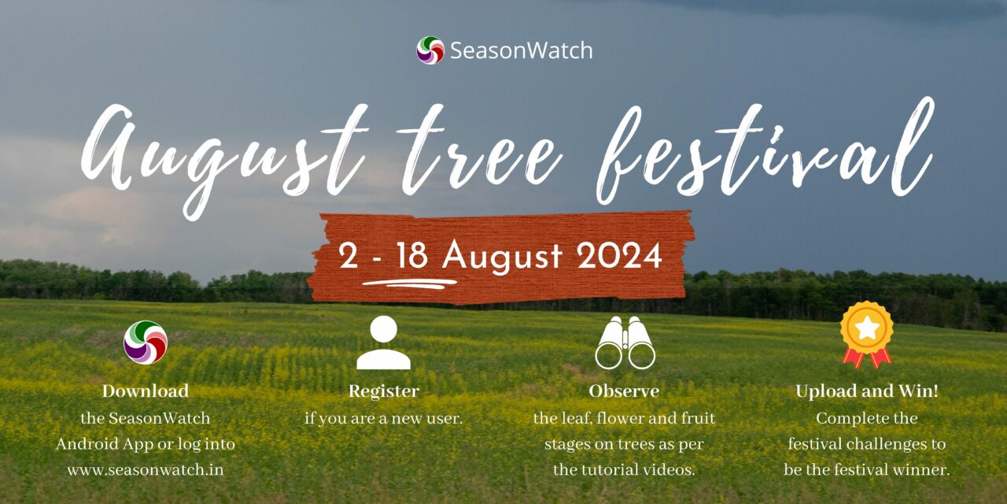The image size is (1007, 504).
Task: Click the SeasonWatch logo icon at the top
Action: coord(430,50)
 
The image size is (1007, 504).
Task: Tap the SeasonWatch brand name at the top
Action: coord(521,51)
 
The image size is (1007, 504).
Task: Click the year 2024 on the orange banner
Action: coord(618,256)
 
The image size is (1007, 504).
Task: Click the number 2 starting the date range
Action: coord(349,257)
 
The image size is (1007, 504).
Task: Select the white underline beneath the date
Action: coord(409,282)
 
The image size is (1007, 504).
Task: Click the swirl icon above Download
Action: coord(146,343)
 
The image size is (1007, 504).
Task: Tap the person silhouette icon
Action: coord(384,343)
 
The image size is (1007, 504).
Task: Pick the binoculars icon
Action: coord(625,343)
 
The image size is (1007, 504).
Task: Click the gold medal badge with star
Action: coord(866,334)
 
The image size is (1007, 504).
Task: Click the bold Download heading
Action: coord(146,391)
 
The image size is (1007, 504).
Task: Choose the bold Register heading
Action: coord(384,391)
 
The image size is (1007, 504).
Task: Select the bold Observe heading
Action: coord(624,391)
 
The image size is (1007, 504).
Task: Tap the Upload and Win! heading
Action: coord(866,391)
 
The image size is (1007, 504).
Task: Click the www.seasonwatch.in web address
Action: coord(146,470)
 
